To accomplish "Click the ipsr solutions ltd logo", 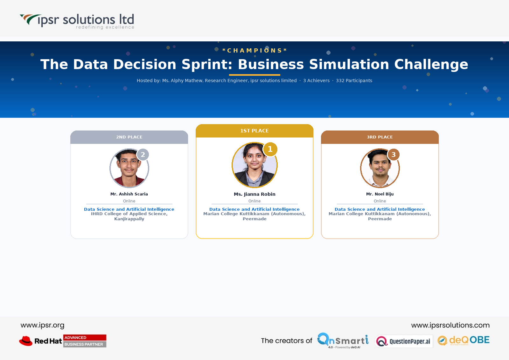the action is tap(77, 21).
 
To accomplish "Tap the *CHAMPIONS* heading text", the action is tap(254, 51).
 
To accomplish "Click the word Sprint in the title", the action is tap(207, 64).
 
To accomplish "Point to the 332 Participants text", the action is tap(354, 81).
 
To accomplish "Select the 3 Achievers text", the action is tap(316, 81).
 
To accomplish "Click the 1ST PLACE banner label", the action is tap(254, 131).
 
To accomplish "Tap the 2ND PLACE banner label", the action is tap(129, 137).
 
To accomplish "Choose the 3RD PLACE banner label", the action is tap(380, 137).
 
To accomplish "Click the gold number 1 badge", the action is tap(270, 149).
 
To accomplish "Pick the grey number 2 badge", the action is tap(143, 155).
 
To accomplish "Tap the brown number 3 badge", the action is tap(394, 155).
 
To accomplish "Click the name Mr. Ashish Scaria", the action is tap(129, 194).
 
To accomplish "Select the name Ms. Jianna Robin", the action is tap(254, 194).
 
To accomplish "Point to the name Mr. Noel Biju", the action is tap(380, 194).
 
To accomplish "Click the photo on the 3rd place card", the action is tap(380, 168).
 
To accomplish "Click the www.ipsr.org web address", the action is tap(43, 325).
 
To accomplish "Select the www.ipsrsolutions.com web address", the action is tap(450, 325).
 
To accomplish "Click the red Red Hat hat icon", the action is tap(26, 341).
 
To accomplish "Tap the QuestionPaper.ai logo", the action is tap(404, 341).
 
